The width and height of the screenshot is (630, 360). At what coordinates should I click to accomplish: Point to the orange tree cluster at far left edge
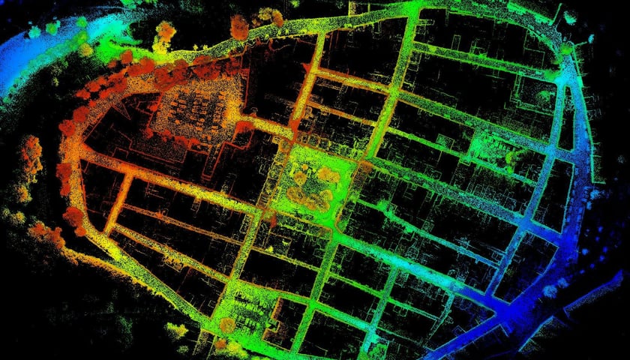coord(31,154)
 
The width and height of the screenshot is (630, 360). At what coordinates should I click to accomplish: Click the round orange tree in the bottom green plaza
coord(227,325)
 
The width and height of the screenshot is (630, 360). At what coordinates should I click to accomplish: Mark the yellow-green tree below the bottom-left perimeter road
coord(177,330)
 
